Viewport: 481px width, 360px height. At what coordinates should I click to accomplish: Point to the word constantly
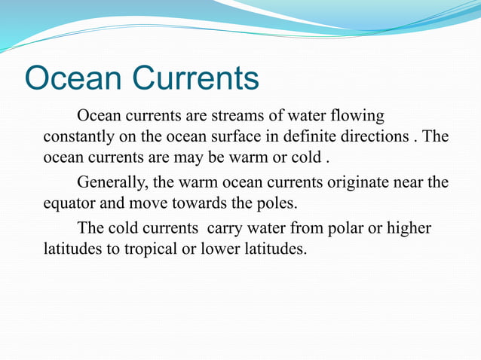click(78, 138)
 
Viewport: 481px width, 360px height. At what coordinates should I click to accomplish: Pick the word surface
click(238, 138)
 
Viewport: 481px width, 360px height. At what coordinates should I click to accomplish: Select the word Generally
click(112, 182)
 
